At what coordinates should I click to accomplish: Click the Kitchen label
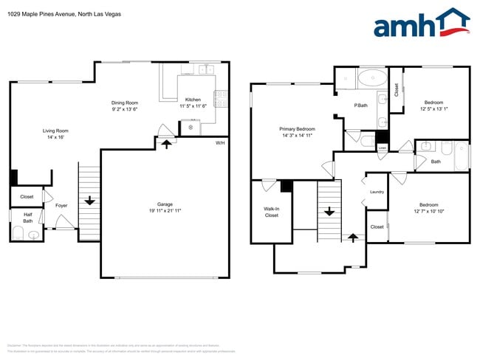coord(193,100)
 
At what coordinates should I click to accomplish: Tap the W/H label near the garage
coord(219,142)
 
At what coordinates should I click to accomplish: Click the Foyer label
coord(62,206)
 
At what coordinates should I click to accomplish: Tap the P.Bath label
coord(360,105)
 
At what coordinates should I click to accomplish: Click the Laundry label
coord(377,193)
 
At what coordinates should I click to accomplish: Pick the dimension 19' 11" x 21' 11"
coord(164,211)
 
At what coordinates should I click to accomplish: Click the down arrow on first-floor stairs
coord(89,200)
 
